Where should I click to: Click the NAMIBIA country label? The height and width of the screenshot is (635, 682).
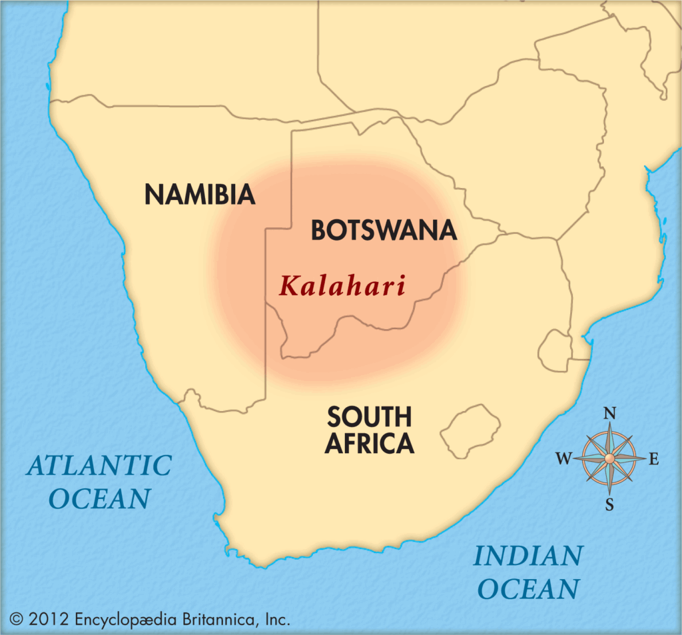point(200,195)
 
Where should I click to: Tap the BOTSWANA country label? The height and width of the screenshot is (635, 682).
point(384,231)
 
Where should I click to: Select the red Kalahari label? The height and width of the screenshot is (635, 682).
point(342,286)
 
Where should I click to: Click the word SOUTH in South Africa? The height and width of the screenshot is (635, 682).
point(369,418)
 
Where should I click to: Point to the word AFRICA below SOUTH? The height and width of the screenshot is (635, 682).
point(370,443)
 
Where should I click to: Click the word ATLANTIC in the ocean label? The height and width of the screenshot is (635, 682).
point(99,466)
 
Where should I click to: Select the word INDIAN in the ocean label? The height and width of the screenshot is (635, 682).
point(527,556)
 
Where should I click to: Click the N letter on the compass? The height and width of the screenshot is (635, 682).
point(609,414)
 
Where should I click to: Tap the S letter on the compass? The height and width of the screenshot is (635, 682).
point(609,504)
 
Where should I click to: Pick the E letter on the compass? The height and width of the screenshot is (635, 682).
point(653,458)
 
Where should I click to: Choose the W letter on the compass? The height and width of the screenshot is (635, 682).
point(563,458)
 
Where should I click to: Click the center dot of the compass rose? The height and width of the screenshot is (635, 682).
point(609,458)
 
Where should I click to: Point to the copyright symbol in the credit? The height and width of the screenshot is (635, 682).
point(16,619)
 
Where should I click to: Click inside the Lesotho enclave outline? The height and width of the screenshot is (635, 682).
point(472,430)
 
